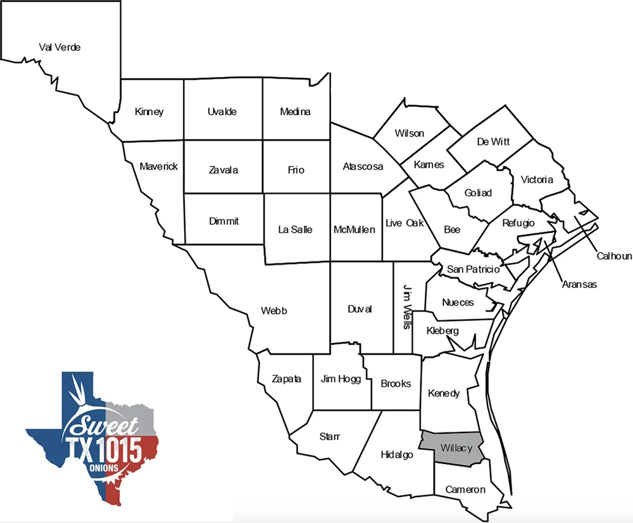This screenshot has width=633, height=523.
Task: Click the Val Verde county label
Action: point(60,47)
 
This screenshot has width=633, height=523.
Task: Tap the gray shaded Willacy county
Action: point(456,448)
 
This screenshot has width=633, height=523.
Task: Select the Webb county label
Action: point(274,311)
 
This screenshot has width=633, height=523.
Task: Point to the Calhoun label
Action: point(614,256)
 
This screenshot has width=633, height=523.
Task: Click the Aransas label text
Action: point(579,284)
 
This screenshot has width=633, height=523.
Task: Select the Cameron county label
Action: point(465,489)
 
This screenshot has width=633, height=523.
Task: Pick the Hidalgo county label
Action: point(397,455)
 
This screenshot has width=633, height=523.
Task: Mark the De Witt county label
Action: point(493,142)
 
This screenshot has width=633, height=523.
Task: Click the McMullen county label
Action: point(354,230)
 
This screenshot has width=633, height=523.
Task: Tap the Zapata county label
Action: point(286,379)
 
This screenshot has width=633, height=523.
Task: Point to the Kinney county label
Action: point(149,112)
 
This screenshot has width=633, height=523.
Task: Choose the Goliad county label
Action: point(478,193)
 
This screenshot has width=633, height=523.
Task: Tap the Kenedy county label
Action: point(444,394)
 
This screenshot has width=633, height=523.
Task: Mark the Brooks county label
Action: point(396,384)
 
